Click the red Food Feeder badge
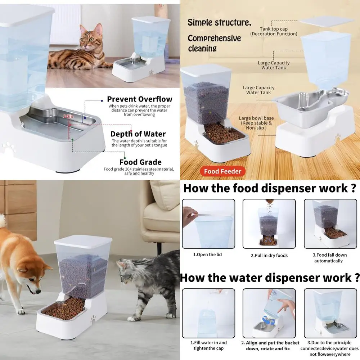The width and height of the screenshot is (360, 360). pos(222,171)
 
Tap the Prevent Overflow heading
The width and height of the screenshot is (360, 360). pos(140,99)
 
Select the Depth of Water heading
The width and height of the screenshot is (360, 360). pos(138,134)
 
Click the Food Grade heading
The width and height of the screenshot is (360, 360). pos(140,162)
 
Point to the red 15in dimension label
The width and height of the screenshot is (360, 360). pos(68,116)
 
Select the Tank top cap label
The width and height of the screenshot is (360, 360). pos(274,31)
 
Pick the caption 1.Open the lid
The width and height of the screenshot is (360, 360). pos(207,255)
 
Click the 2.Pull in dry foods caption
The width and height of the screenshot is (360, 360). pos(269,255)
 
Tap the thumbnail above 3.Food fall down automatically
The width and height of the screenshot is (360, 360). pos(330,224)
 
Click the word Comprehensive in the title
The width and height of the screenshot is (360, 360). pos(214,38)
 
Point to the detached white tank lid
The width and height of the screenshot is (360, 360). pos(326,21)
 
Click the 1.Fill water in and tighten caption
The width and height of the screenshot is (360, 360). pos(208,345)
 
